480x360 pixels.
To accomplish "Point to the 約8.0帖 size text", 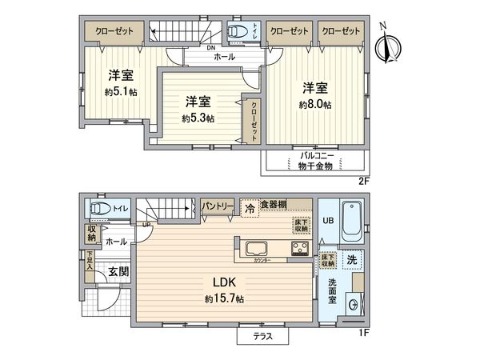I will click(315, 105).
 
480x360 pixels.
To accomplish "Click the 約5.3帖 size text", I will click(198, 118).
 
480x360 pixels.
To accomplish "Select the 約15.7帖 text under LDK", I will click(223, 298).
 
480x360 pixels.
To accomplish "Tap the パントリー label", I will click(218, 206).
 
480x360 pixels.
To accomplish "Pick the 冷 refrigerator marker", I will click(249, 206).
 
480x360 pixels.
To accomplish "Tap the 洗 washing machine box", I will click(351, 259).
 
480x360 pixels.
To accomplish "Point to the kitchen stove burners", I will click(299, 249).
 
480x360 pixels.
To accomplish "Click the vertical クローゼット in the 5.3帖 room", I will click(253, 121).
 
